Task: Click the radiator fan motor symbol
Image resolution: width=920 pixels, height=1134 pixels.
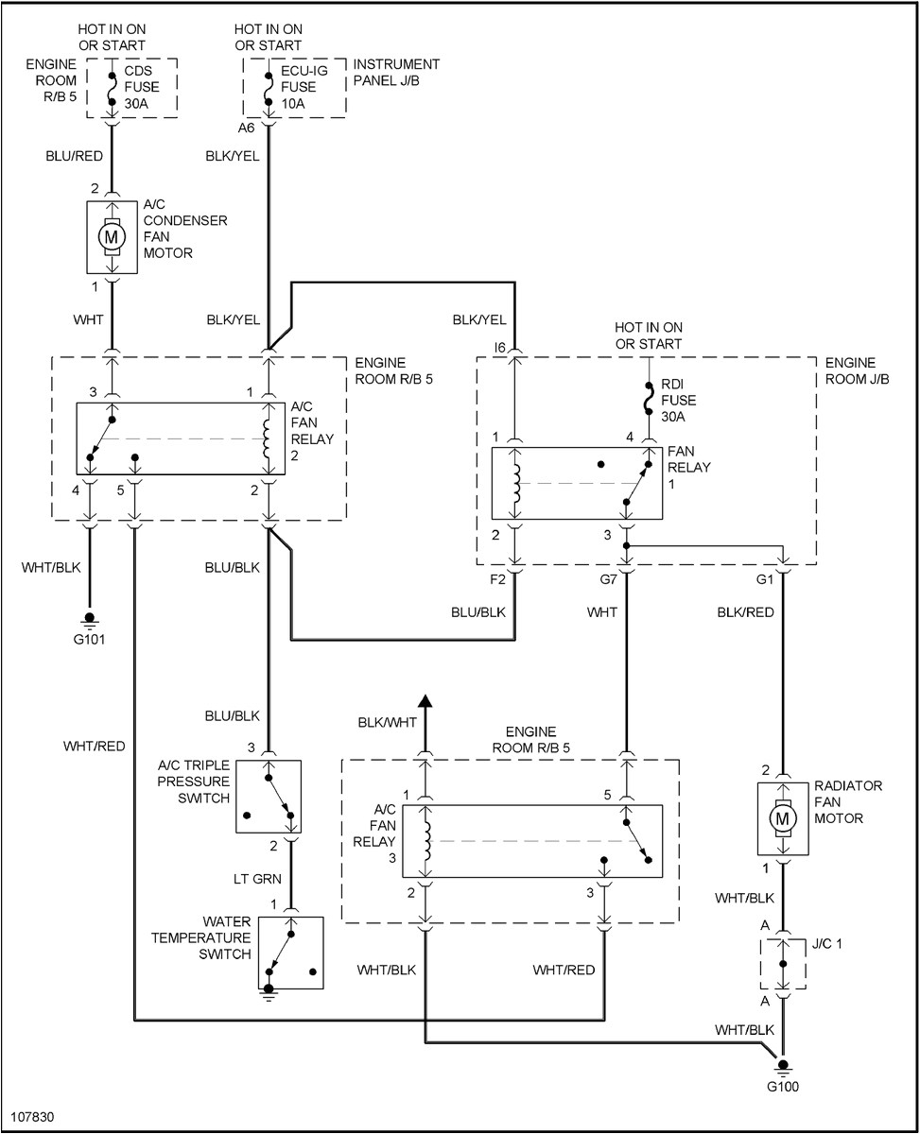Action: (782, 819)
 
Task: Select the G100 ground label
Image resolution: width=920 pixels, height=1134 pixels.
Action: (782, 1087)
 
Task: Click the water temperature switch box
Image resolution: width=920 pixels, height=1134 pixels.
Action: (291, 954)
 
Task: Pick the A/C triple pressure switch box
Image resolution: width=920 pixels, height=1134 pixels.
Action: (269, 797)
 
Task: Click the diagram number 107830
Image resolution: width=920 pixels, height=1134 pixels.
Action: (33, 1116)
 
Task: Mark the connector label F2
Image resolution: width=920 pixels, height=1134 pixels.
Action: (498, 579)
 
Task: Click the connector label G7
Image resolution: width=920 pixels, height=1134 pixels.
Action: (609, 579)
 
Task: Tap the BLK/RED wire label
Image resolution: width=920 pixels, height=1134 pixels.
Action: (745, 612)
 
